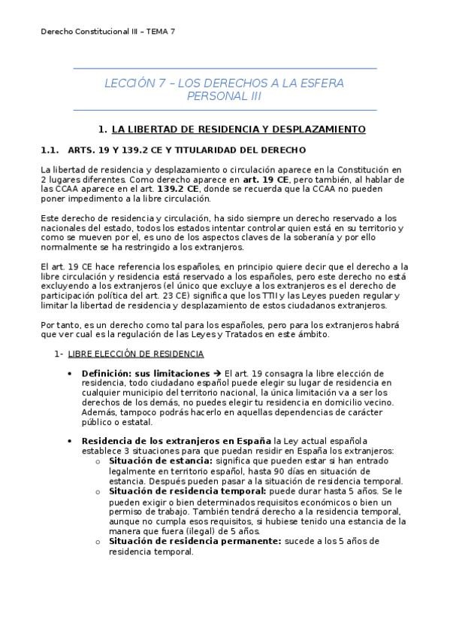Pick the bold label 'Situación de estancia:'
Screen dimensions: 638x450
(160, 461)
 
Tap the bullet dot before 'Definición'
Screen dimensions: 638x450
(70, 374)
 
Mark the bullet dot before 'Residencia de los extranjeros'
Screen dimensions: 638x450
(70, 442)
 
